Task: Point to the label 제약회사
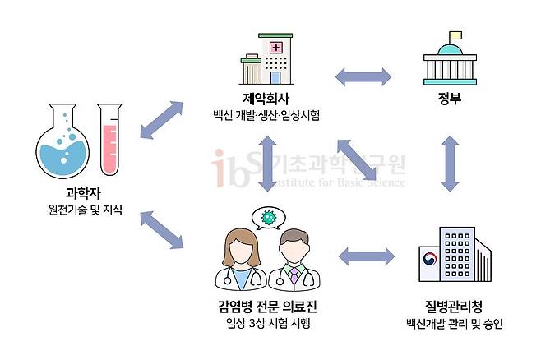click(x=263, y=99)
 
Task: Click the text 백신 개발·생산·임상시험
click(x=263, y=116)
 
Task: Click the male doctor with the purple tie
click(x=292, y=261)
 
